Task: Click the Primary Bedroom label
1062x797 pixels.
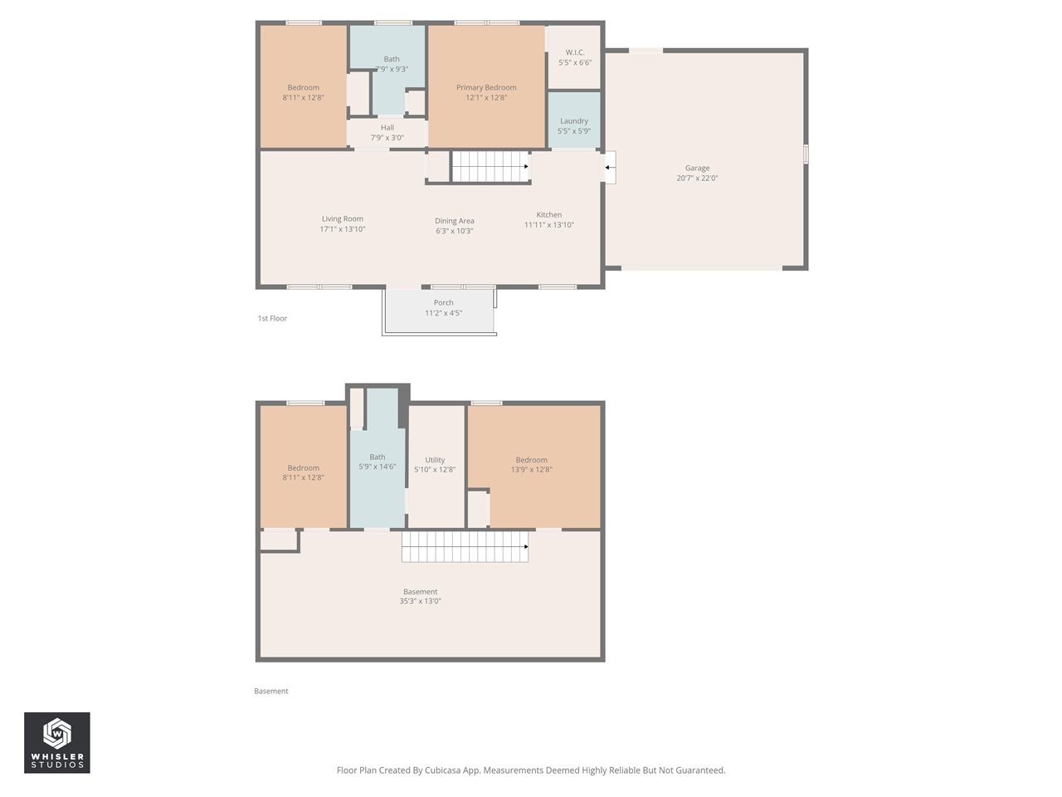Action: [486, 87]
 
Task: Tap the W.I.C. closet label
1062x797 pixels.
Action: [575, 52]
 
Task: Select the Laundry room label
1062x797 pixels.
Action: [574, 121]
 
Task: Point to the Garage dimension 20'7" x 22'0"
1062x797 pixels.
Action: [697, 178]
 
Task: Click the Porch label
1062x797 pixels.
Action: [443, 303]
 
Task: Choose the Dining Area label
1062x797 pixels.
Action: [455, 222]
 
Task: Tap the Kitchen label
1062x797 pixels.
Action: [548, 215]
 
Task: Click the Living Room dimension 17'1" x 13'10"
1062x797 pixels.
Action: [343, 229]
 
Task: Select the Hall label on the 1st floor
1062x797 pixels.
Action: [387, 128]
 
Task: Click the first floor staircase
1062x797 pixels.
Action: [490, 166]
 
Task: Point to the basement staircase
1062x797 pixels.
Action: [465, 546]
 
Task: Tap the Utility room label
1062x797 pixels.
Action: [435, 460]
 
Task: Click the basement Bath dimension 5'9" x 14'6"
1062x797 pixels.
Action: [378, 467]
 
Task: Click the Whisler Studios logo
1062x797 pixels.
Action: [57, 742]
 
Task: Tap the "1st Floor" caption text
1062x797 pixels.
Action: [272, 319]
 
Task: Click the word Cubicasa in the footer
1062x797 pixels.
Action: [445, 770]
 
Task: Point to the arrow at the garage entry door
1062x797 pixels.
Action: [609, 168]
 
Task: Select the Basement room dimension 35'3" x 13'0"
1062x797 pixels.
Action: [421, 601]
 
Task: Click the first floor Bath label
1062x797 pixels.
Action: [392, 59]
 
